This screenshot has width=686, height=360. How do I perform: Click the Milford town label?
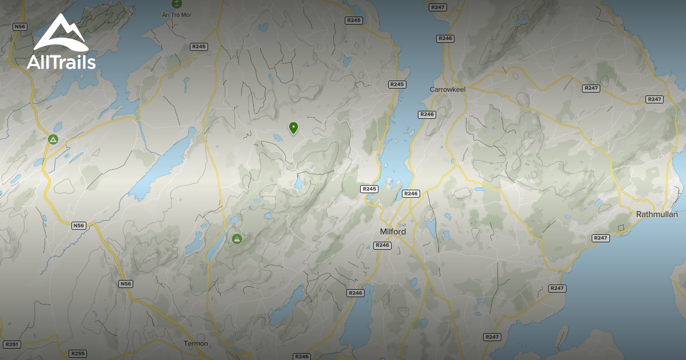(x=393, y=232)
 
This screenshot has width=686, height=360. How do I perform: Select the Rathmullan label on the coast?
(x=657, y=214)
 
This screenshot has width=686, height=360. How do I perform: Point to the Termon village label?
(x=196, y=343)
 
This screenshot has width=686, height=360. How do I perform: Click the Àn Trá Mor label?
(x=176, y=14)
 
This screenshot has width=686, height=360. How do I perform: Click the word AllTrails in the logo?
(x=61, y=63)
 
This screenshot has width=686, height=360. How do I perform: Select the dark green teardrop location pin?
(x=294, y=127)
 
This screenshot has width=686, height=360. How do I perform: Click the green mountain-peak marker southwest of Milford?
(x=237, y=239)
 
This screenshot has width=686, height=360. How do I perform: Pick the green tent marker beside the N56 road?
(x=53, y=139)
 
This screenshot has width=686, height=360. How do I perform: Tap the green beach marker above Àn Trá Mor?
(x=176, y=3)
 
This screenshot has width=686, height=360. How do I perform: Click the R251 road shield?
(x=11, y=345)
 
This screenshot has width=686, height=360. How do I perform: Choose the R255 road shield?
(x=77, y=354)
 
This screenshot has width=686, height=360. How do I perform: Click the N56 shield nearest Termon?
(x=126, y=284)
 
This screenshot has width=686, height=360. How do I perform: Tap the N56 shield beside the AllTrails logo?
(x=20, y=27)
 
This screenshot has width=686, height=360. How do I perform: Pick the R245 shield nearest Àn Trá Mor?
(x=199, y=46)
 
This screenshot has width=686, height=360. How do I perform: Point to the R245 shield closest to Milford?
(x=369, y=189)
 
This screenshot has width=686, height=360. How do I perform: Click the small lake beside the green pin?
(x=278, y=138)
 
